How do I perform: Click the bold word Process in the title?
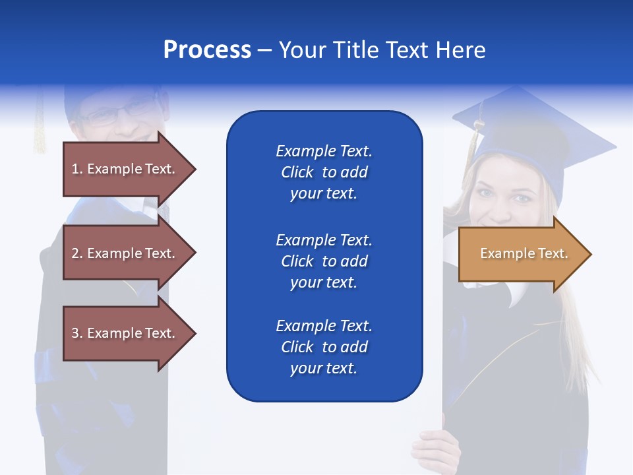coord(207,50)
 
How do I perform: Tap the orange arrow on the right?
coord(521,254)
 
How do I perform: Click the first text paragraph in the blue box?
coord(324,172)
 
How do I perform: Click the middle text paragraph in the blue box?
coord(324,261)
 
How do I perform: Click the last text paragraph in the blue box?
coord(324,347)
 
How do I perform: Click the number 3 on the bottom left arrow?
coord(76,333)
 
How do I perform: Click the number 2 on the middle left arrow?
coord(76,253)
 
